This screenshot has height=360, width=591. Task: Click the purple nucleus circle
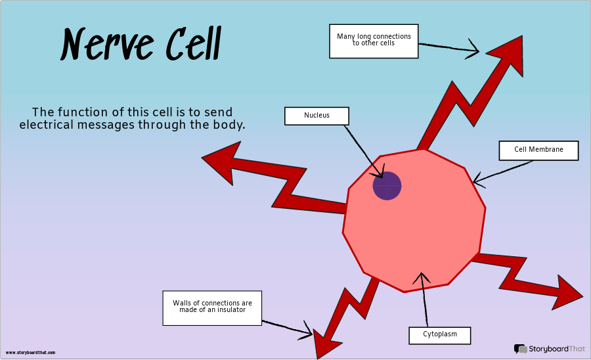point(387,185)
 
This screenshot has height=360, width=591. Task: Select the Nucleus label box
point(317,116)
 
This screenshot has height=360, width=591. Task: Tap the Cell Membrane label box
point(538,150)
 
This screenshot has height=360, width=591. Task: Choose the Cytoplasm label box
point(440,335)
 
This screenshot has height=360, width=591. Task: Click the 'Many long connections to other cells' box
point(374,41)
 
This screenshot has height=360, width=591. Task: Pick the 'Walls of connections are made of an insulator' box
point(212,307)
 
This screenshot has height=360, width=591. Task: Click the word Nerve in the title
point(107,45)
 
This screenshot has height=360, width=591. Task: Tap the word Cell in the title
point(193,43)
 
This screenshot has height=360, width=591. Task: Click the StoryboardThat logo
point(549,349)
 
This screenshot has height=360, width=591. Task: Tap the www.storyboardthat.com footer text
point(30,353)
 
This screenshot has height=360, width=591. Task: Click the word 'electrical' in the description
point(47,124)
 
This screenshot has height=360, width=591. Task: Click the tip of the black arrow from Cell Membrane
point(473,183)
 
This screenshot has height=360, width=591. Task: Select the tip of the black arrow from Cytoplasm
point(422,273)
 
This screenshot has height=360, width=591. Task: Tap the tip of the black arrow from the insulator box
point(313,334)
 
